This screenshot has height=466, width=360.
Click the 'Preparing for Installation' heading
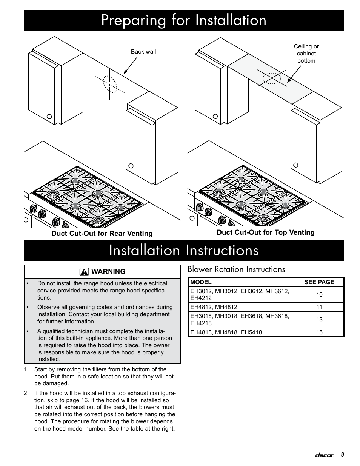[184, 20]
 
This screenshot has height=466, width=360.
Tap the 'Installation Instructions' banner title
[184, 251]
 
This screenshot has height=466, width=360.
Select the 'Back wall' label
[143, 52]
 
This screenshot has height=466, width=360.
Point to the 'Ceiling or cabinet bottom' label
[306, 54]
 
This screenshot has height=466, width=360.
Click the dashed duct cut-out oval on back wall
[109, 85]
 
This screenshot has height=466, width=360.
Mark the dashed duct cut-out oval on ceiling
[272, 78]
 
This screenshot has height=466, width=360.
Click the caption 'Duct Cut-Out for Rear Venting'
[102, 234]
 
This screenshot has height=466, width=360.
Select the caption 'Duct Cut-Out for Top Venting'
[265, 232]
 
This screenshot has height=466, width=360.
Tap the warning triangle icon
[84, 272]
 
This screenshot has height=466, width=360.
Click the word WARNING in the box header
[108, 272]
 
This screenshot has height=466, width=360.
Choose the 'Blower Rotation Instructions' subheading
[236, 269]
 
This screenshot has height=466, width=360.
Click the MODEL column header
[201, 282]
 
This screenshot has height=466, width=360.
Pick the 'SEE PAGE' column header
[319, 282]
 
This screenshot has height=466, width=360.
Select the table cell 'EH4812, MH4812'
[214, 307]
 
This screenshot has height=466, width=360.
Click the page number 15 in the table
[319, 332]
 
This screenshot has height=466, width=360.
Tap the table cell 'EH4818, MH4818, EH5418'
[226, 332]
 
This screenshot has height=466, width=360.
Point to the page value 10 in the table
[319, 295]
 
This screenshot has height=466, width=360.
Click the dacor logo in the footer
[324, 455]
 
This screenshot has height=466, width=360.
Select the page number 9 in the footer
[342, 455]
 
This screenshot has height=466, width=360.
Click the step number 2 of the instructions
[26, 393]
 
